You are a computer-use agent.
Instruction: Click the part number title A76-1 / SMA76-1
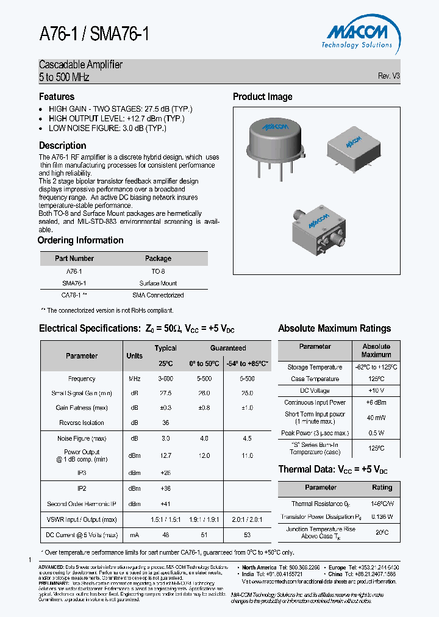(94, 35)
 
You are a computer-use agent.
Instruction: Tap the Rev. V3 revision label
(388, 76)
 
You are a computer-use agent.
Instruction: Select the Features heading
(57, 97)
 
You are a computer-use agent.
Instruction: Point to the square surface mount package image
(351, 146)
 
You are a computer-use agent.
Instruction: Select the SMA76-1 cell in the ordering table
(74, 283)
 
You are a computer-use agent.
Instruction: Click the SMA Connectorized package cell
(158, 295)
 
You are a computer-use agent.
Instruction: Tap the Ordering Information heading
(80, 240)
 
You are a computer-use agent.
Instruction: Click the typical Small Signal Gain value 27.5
(165, 393)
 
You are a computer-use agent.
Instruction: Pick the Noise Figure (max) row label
(82, 438)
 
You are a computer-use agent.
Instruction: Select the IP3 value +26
(165, 473)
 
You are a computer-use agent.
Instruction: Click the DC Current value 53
(247, 535)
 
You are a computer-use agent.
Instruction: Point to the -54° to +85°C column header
(246, 363)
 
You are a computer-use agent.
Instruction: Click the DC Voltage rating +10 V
(376, 390)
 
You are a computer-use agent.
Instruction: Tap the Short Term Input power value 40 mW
(376, 418)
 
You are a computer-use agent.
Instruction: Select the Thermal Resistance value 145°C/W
(382, 504)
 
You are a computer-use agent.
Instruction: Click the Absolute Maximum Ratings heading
(334, 329)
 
